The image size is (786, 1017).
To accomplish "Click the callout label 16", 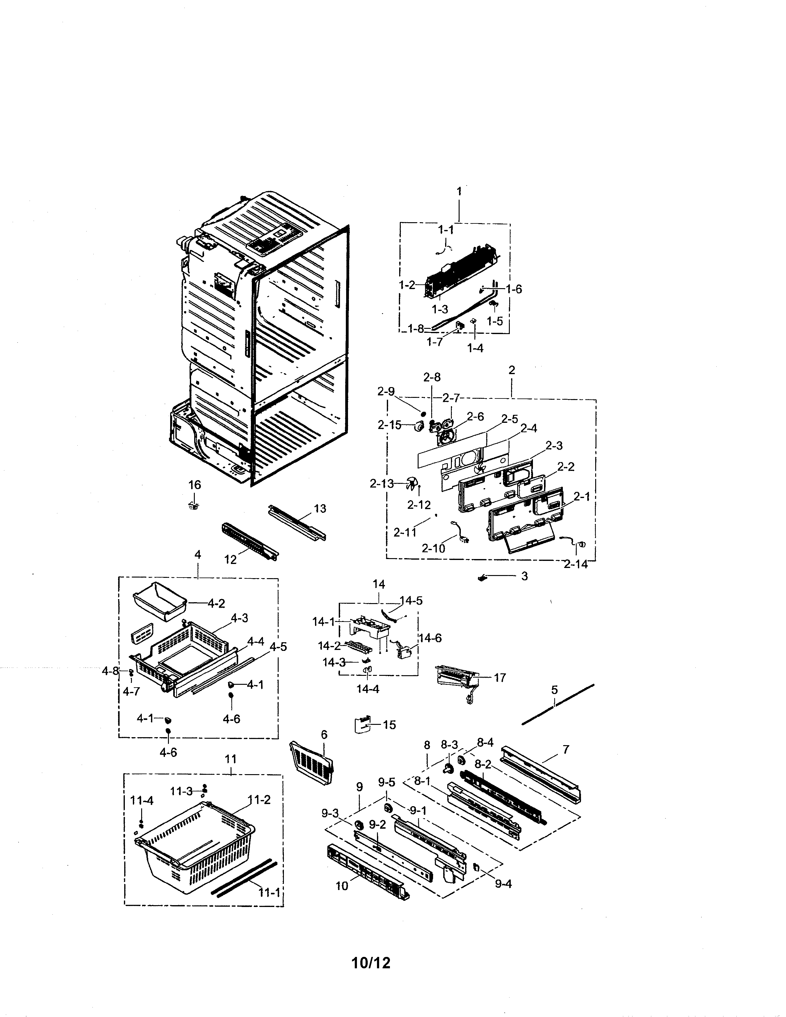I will (194, 485).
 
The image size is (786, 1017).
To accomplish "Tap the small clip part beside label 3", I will (482, 578).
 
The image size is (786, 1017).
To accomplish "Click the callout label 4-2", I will (216, 603).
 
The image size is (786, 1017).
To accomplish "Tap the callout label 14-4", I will (368, 689).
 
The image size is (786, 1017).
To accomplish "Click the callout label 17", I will (500, 677).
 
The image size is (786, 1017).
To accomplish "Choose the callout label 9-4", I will (503, 883).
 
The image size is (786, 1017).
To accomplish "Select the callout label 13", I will (320, 508).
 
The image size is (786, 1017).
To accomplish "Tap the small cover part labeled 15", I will (363, 725).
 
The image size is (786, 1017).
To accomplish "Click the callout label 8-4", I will (485, 743).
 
